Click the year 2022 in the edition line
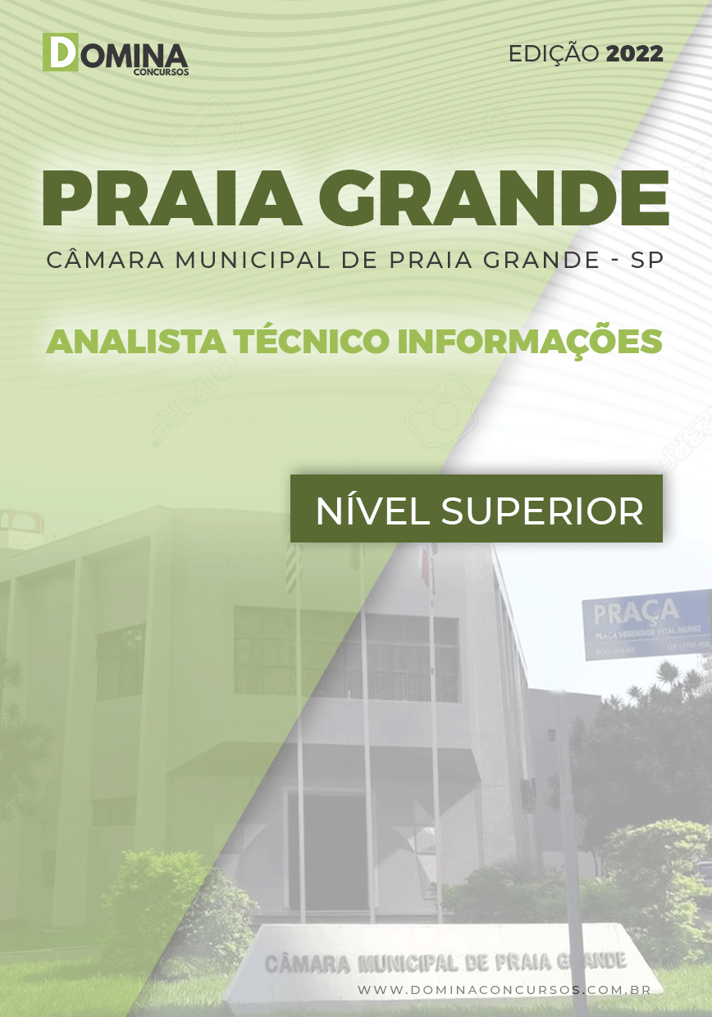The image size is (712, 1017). tap(633, 54)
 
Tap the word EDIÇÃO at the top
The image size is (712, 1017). tap(554, 54)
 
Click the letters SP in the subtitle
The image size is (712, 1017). tap(647, 260)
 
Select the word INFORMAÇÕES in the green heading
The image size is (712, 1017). tap(530, 341)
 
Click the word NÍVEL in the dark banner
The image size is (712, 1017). tap(373, 511)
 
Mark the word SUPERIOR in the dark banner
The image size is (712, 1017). tap(542, 511)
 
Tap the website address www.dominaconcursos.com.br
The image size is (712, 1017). tap(504, 990)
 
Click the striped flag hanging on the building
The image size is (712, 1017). tap(293, 565)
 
